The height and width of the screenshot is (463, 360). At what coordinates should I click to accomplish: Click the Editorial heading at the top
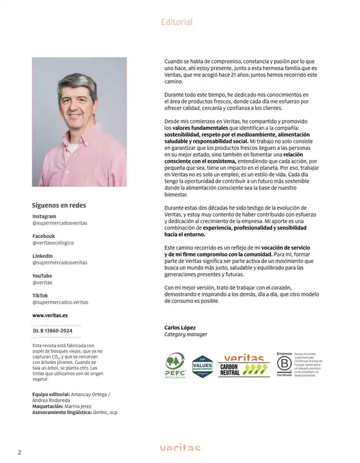click(177, 22)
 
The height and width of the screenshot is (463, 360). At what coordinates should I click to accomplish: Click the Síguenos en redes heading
click(59, 205)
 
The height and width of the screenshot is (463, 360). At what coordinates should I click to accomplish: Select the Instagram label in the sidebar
click(44, 217)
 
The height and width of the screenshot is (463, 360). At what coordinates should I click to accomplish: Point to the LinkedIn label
click(43, 256)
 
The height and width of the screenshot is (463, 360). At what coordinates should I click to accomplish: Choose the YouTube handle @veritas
click(42, 282)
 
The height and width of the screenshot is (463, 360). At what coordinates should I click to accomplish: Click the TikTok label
click(40, 295)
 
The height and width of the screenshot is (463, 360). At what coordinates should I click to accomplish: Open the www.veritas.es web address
click(50, 316)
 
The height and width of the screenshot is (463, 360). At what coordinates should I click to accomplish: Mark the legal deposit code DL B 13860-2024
click(57, 331)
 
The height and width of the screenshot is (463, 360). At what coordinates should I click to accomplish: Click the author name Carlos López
click(180, 327)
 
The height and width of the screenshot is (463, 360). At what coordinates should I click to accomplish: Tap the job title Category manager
click(186, 334)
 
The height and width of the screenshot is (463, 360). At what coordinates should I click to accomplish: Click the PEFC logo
click(175, 366)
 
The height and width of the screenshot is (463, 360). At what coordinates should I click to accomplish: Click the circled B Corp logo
click(284, 365)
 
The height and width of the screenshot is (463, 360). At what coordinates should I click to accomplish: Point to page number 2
click(19, 452)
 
